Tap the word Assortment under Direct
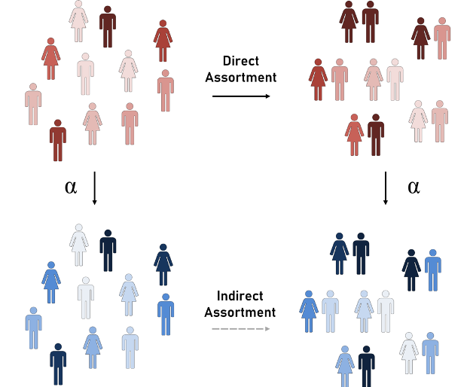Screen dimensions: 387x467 pos(244,77)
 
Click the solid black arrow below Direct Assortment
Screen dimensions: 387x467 pos(241,96)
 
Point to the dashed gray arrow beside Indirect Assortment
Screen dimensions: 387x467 pos(241,329)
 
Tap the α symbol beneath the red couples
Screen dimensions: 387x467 pos(413,187)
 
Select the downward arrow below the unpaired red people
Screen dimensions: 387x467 pos(94,188)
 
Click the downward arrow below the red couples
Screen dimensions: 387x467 pos(386,188)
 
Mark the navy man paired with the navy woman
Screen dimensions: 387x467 pos(361,254)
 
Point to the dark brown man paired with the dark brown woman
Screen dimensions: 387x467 pos(369,23)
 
